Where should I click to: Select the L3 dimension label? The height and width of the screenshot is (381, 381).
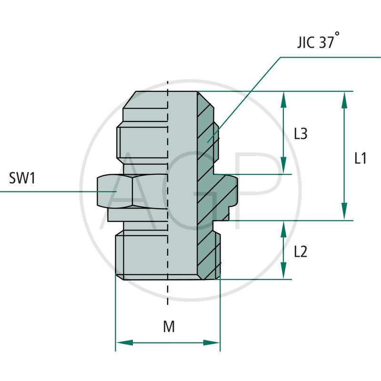(300, 134)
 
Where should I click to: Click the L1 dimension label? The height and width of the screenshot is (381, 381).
(361, 158)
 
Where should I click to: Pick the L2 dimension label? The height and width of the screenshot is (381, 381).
(300, 251)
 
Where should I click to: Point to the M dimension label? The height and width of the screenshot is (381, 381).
(169, 327)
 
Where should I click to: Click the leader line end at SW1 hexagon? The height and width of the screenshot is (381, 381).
(116, 191)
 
